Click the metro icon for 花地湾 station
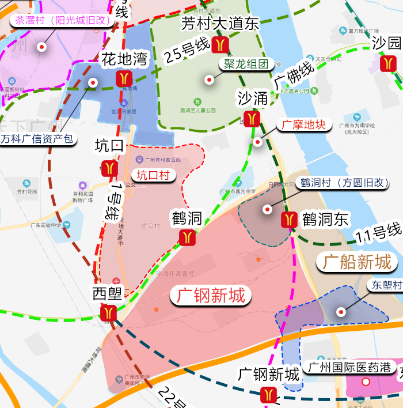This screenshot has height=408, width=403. click(x=124, y=79)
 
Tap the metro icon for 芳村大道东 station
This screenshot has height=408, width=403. click(x=220, y=45)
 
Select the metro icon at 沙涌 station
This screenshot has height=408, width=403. click(x=252, y=119)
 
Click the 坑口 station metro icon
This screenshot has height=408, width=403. click(x=109, y=168)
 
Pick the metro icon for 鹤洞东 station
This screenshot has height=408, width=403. click(x=289, y=220)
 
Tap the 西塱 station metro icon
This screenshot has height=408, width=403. click(x=108, y=313)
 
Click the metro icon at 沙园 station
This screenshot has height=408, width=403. click(x=389, y=63)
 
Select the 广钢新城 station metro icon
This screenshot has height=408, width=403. click(x=268, y=395)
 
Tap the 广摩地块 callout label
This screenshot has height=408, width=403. click(x=304, y=124)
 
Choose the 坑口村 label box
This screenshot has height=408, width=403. click(x=153, y=175)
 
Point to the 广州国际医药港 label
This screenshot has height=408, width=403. click(x=349, y=367)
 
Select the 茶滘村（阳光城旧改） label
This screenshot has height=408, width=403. click(x=63, y=20)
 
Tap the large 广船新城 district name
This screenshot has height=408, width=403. click(x=357, y=262)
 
